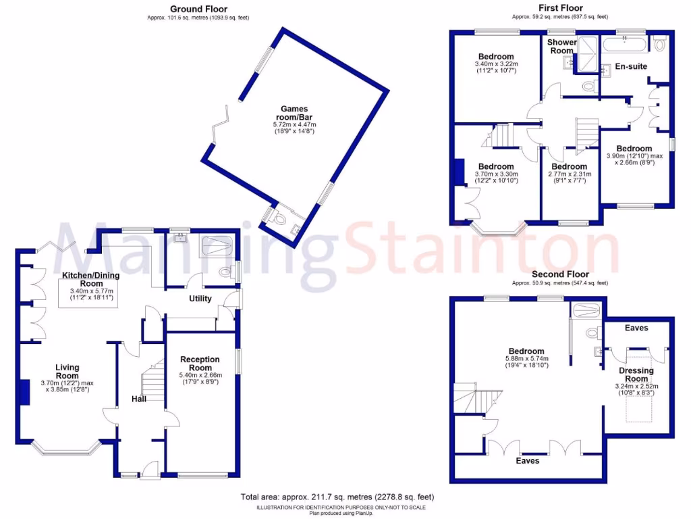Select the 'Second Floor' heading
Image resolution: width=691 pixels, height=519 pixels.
(x=559, y=274)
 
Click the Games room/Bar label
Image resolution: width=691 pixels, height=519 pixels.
(x=294, y=113)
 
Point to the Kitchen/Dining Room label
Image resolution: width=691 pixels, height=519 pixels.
(x=87, y=279)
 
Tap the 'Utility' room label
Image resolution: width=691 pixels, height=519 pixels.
(x=200, y=299)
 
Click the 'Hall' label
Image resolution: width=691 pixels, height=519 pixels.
(x=139, y=399)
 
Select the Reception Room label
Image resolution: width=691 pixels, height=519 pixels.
(x=200, y=364)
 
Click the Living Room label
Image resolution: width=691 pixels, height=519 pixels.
(x=67, y=372)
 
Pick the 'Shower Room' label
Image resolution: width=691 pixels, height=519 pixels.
(x=561, y=47)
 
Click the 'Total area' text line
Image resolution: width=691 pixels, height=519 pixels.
(x=337, y=498)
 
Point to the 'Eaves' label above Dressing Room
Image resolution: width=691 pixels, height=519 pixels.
(x=636, y=328)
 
